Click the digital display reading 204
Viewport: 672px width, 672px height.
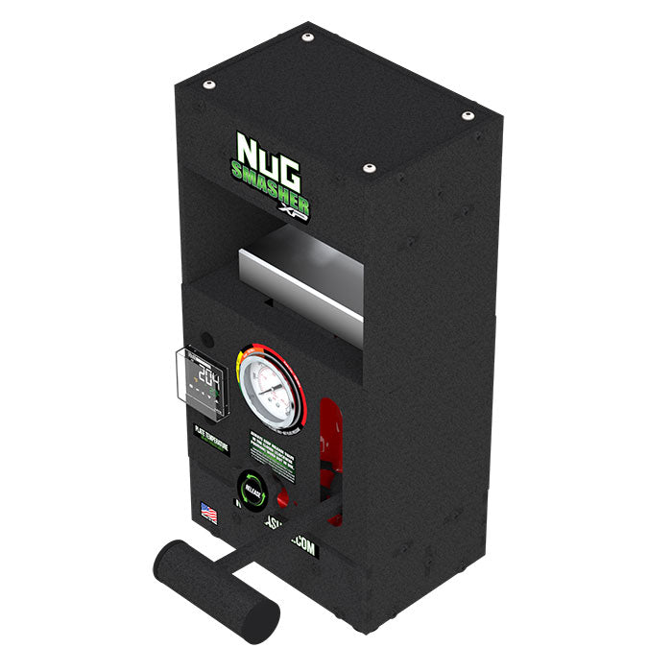[203, 372]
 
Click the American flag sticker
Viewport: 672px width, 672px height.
[207, 514]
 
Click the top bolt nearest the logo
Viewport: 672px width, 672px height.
[368, 169]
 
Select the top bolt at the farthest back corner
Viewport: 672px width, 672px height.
[307, 37]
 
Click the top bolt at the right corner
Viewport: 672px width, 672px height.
[468, 116]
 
